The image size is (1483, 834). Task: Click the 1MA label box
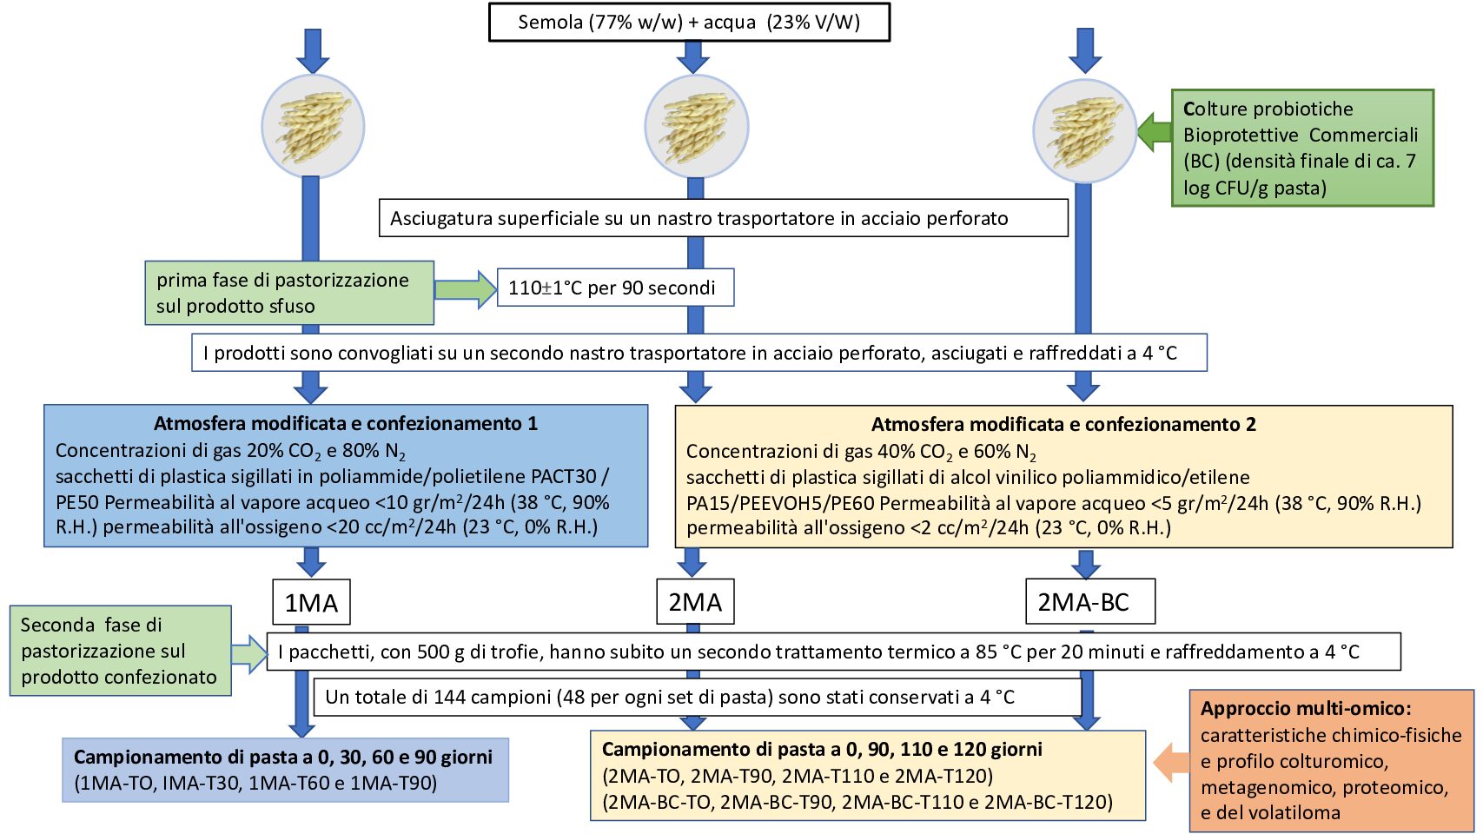tap(311, 602)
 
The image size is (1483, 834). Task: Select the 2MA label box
tap(695, 602)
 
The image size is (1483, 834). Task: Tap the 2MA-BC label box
tap(1090, 602)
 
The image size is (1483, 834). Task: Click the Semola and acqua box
tap(689, 23)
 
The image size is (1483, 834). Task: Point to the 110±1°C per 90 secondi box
tap(616, 288)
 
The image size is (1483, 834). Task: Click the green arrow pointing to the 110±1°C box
tap(466, 289)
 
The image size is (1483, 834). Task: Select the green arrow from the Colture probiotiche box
tap(1155, 132)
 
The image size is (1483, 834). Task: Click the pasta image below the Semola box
tap(697, 127)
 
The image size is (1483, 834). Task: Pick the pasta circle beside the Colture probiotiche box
tap(1085, 131)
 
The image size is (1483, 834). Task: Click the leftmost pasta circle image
tap(313, 127)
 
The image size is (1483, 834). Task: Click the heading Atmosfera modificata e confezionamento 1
tap(346, 424)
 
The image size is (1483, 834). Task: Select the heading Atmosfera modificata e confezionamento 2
tap(1063, 424)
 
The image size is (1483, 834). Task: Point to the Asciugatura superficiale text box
tap(724, 218)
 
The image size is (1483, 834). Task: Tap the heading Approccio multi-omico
tap(1307, 709)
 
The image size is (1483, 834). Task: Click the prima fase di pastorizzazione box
tap(290, 293)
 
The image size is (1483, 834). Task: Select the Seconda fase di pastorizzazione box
tap(121, 651)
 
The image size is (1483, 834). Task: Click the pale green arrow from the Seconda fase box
tap(249, 654)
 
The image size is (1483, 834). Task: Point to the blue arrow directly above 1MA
tap(311, 562)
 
